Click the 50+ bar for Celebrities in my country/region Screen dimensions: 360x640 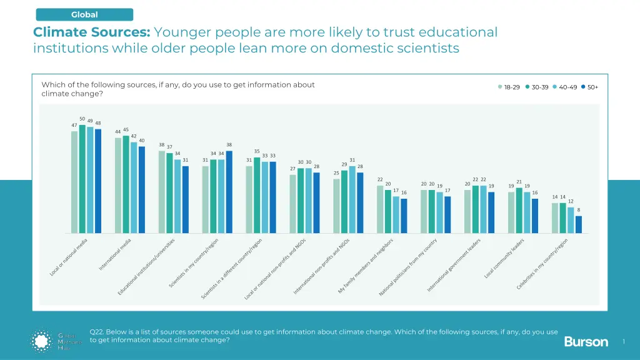pyautogui.click(x=579, y=224)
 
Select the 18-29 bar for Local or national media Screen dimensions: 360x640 pyautogui.click(x=74, y=182)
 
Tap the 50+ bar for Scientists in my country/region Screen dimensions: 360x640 pyautogui.click(x=229, y=192)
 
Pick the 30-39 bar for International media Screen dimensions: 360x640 pyautogui.click(x=126, y=184)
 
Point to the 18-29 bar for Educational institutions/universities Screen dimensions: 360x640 pyautogui.click(x=162, y=192)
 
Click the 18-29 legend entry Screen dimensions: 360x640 pyautogui.click(x=509, y=87)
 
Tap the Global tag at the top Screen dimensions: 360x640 pyautogui.click(x=84, y=14)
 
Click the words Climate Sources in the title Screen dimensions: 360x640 pyautogui.click(x=91, y=32)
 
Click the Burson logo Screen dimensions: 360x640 pyautogui.click(x=586, y=341)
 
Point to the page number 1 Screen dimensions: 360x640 pyautogui.click(x=624, y=341)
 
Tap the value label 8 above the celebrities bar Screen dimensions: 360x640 pyautogui.click(x=579, y=210)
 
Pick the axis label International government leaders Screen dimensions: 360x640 pyautogui.click(x=454, y=266)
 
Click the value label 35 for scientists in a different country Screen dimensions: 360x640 pyautogui.click(x=257, y=151)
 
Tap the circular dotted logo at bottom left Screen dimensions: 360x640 pyautogui.click(x=43, y=341)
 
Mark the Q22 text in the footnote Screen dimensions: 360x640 pyautogui.click(x=96, y=332)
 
